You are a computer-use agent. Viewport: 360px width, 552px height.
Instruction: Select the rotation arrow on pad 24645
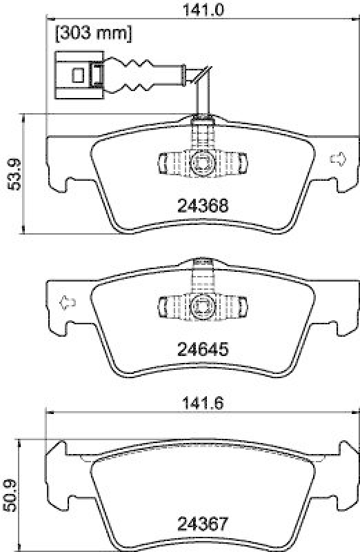[x=66, y=302]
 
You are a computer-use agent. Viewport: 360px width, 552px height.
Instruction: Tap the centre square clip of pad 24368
[x=202, y=163]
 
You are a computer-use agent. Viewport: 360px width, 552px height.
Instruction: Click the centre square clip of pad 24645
[x=202, y=304]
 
